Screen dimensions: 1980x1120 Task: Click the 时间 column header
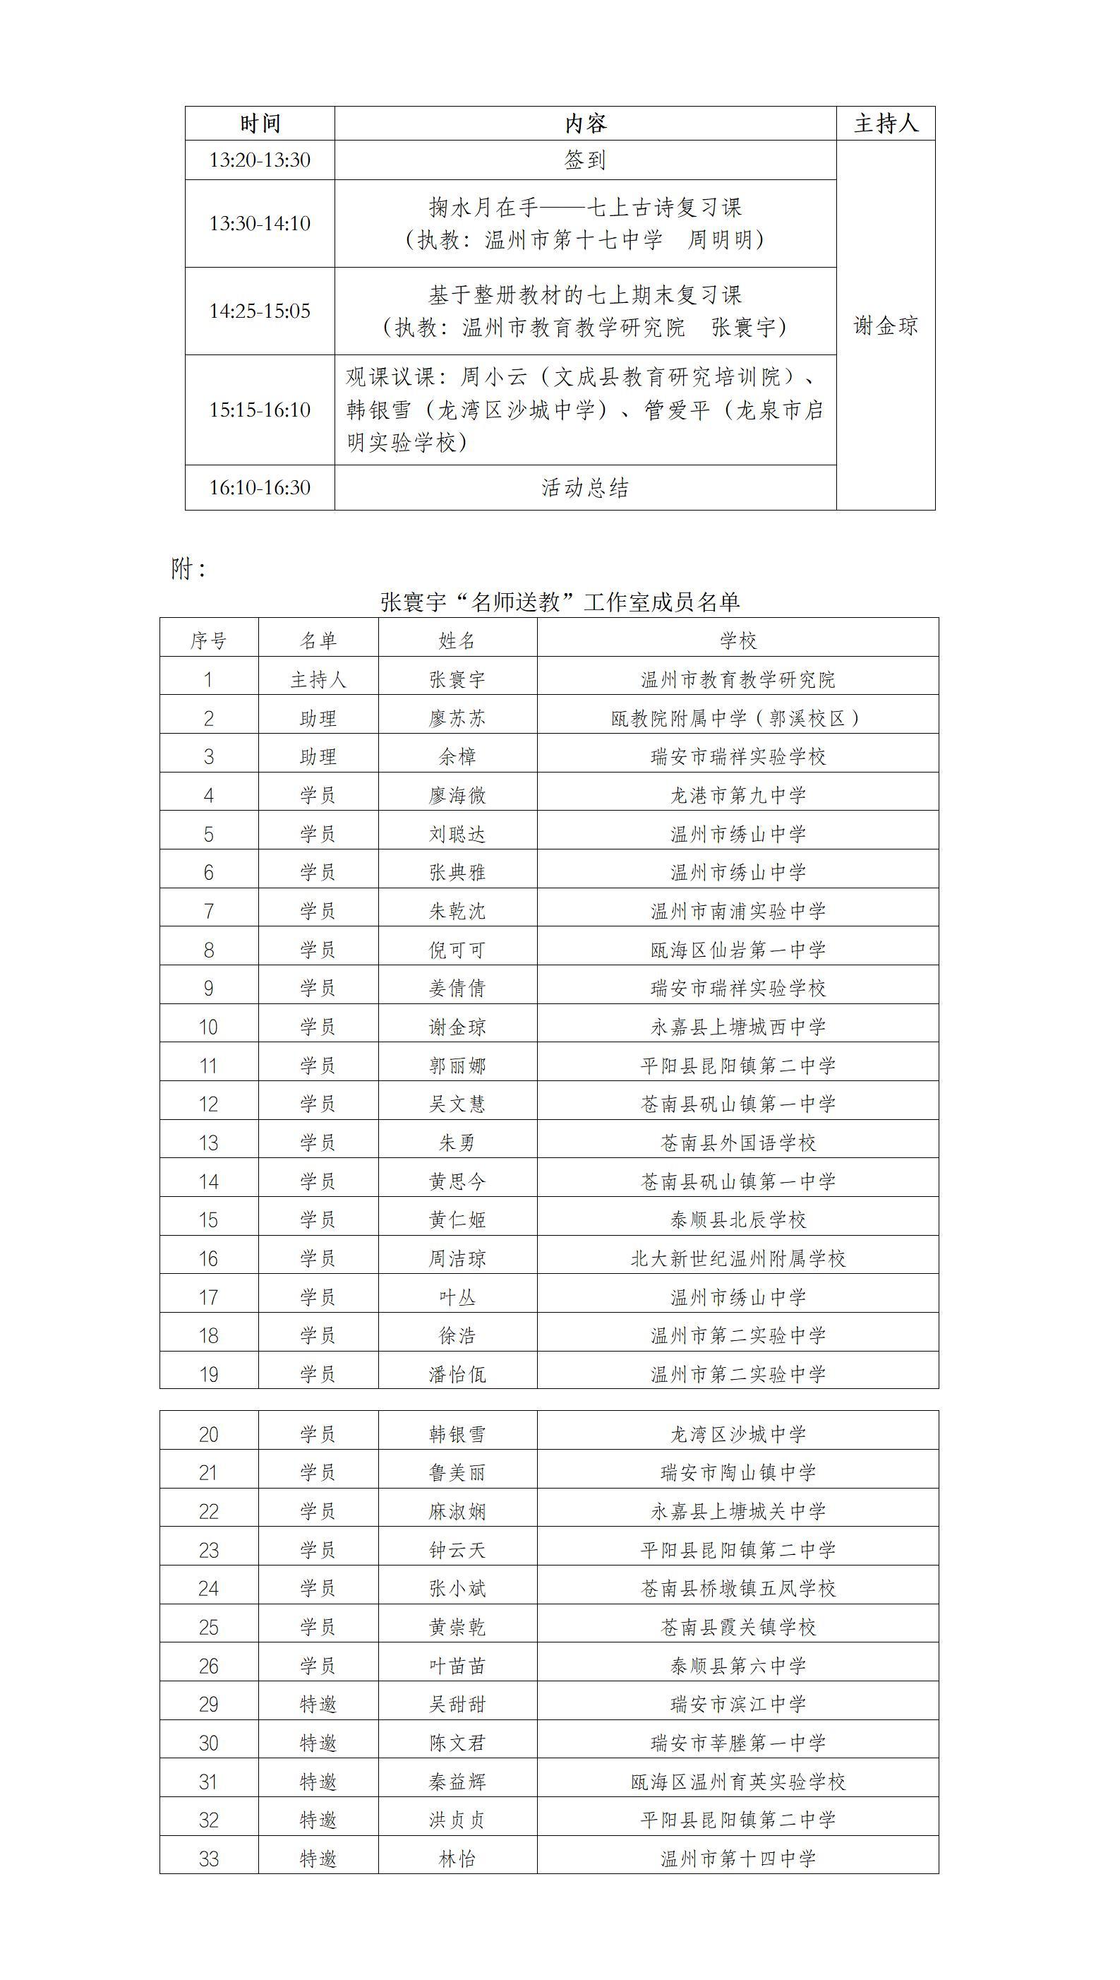[x=259, y=123]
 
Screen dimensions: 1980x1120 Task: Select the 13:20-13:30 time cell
[x=259, y=160]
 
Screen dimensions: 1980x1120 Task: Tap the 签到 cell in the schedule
[x=584, y=160]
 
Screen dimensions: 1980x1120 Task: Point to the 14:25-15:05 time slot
[x=259, y=311]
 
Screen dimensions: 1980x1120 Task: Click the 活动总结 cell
[x=584, y=487]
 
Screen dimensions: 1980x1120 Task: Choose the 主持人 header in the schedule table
[x=886, y=123]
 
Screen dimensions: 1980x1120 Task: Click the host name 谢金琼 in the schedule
[x=886, y=326]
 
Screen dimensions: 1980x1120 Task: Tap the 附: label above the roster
[x=188, y=568]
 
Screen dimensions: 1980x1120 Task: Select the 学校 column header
[x=737, y=640]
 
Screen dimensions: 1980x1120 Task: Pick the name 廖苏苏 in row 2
[x=457, y=718]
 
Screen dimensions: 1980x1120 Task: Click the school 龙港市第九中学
[x=737, y=795]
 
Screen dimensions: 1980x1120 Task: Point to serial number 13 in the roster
[x=208, y=1143]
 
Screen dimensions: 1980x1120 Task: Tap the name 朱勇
[x=457, y=1143]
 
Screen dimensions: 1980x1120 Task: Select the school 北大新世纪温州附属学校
[x=737, y=1258]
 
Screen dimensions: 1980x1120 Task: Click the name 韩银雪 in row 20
[x=457, y=1433]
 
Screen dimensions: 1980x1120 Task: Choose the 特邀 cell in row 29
[x=318, y=1705]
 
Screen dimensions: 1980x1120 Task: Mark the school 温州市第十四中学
[x=737, y=1859]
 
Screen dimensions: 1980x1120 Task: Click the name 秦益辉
[x=457, y=1782]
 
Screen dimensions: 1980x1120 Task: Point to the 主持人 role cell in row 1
[x=318, y=679]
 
